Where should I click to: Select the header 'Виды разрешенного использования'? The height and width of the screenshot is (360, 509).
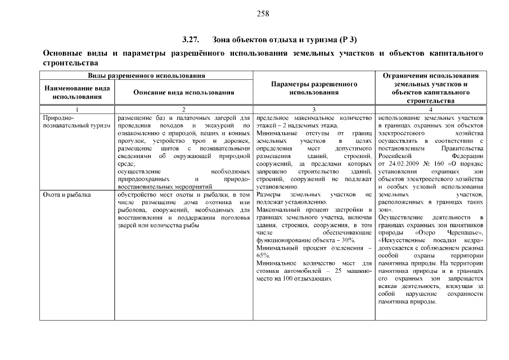click(146, 75)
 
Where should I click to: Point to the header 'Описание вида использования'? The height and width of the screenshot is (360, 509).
click(183, 92)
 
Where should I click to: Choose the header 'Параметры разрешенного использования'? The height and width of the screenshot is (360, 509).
click(314, 88)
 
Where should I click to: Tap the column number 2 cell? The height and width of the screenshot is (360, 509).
click(183, 109)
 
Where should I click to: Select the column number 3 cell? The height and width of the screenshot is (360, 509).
click(314, 109)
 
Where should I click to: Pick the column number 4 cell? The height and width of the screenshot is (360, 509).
click(430, 109)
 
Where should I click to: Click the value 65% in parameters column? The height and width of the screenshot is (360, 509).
click(262, 255)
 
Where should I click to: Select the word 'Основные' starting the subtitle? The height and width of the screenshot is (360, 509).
click(63, 53)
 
